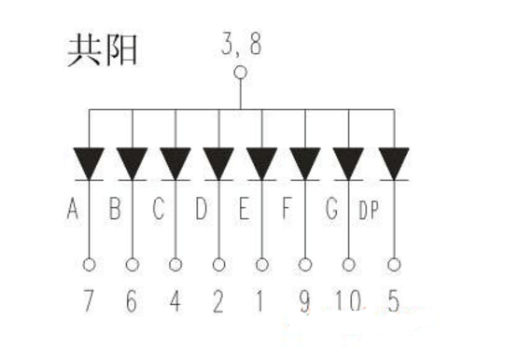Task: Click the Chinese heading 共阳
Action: coord(102,49)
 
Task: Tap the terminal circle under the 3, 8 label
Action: coord(240,72)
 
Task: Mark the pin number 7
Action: coord(89,301)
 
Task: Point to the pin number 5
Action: coord(394,301)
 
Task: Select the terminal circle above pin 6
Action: coord(133,265)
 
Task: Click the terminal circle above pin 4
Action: coord(176,265)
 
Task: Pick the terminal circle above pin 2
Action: coord(219,265)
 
